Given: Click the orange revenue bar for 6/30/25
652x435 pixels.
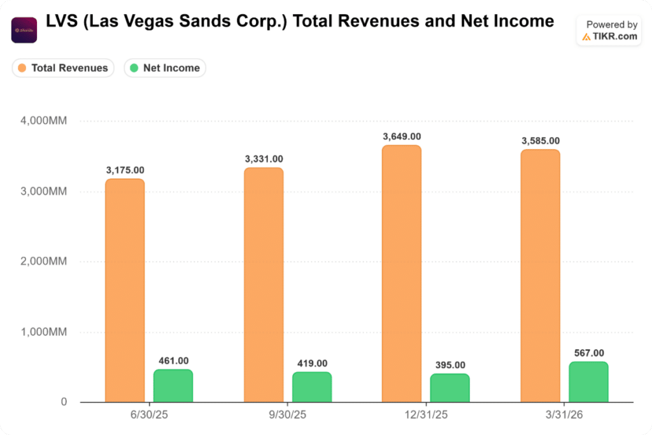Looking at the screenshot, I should [x=125, y=290].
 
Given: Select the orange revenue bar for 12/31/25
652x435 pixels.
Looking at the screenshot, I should [x=401, y=274].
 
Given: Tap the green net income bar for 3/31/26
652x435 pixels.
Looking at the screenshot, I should [x=588, y=382].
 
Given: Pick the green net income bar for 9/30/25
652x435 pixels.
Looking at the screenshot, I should [x=312, y=387].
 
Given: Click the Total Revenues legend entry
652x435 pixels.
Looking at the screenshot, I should [x=63, y=68].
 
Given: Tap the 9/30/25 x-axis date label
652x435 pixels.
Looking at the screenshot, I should [x=288, y=415].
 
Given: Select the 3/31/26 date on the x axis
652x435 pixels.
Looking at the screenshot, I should [x=564, y=415].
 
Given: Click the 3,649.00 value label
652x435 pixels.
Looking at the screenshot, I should [x=402, y=137].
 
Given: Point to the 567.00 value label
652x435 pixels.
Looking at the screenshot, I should [x=588, y=353].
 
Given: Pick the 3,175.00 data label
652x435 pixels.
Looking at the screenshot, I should [x=125, y=170].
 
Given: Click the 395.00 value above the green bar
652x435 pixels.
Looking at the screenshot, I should [x=450, y=365].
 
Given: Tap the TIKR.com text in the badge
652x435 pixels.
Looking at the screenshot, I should [x=614, y=36].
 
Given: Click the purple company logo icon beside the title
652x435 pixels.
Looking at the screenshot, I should [x=24, y=30].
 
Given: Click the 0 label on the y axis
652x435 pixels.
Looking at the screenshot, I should [x=64, y=403].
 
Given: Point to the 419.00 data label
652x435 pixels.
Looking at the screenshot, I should [x=312, y=363].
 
